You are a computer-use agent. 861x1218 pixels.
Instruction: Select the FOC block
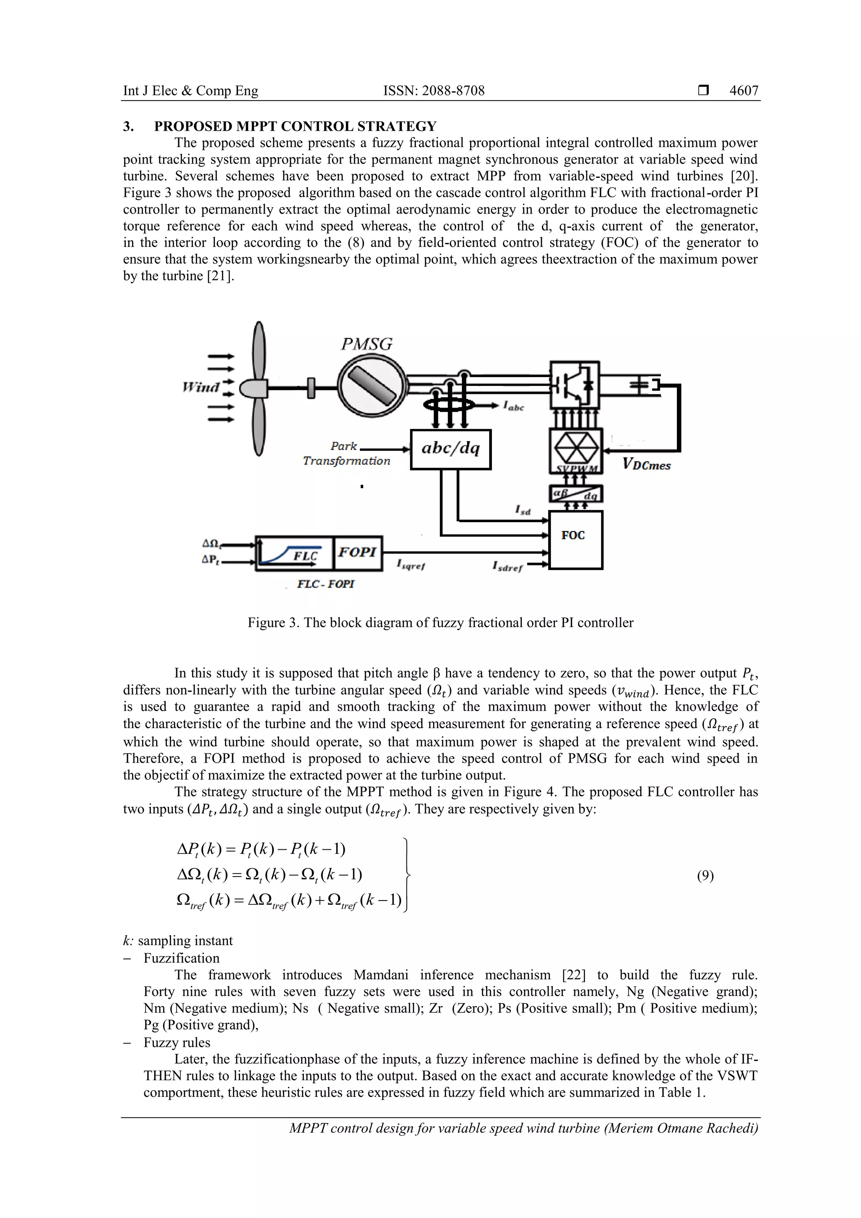click(x=575, y=539)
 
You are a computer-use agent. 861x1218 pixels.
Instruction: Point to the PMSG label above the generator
click(x=366, y=345)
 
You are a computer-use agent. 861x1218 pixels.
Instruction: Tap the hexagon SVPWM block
click(x=575, y=450)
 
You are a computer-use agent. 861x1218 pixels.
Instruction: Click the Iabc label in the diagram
click(x=513, y=407)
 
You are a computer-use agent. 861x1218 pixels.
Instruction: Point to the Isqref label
click(x=411, y=565)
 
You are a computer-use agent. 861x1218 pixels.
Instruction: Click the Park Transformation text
click(x=346, y=454)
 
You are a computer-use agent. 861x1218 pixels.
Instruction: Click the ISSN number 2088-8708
click(x=433, y=91)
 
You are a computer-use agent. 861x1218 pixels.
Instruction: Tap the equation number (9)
click(x=705, y=875)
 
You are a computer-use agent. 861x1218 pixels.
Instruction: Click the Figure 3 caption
click(x=440, y=622)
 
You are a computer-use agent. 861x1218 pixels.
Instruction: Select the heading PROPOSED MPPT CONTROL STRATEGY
click(x=295, y=126)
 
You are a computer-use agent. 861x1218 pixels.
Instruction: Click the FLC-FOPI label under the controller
click(x=326, y=584)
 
